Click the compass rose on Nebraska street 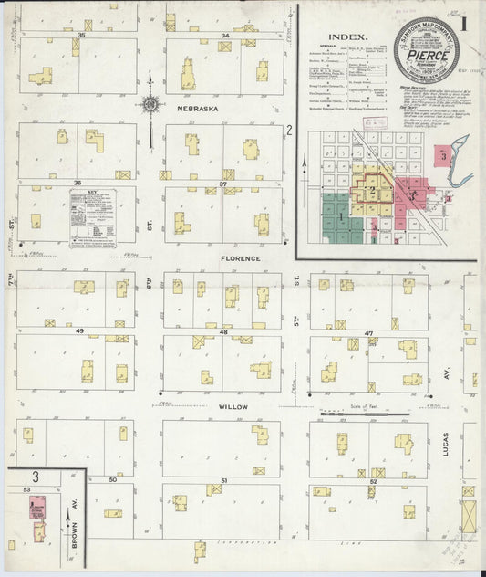click(150, 104)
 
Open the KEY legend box click(94, 216)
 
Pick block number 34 click(224, 36)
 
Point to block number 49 click(79, 330)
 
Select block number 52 click(374, 480)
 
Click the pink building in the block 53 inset click(38, 506)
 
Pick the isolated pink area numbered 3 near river click(443, 155)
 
